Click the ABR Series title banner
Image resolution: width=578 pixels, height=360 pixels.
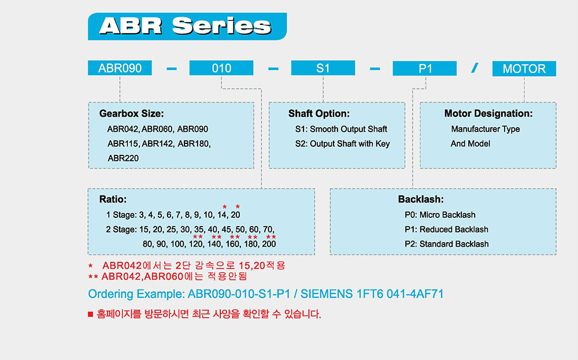tap(187, 27)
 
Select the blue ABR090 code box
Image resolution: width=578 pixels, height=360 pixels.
tap(120, 68)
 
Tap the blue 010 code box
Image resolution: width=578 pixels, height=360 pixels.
tap(221, 68)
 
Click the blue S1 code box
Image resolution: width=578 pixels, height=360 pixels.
tap(323, 68)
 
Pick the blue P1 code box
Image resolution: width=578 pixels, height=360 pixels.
tap(425, 69)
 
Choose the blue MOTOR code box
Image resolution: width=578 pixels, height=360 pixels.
tap(524, 69)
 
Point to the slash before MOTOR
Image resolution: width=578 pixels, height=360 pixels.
tap(475, 68)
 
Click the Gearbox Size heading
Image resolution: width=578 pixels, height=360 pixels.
tap(132, 113)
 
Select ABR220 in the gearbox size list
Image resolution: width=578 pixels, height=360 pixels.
tap(123, 158)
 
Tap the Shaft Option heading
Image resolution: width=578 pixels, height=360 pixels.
tap(319, 113)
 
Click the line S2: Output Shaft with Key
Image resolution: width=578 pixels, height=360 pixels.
tap(342, 144)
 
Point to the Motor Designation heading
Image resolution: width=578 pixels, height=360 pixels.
tap(488, 113)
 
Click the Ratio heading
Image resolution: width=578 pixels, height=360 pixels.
tap(113, 199)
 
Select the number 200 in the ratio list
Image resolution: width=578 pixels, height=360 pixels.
tap(269, 244)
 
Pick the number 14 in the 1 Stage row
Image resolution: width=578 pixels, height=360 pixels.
tap(223, 215)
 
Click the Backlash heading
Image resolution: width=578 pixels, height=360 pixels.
tap(421, 199)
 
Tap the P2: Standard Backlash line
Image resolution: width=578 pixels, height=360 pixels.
tap(447, 244)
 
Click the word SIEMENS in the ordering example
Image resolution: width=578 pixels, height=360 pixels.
tap(327, 294)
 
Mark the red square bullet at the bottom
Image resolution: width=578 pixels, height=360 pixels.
tap(90, 314)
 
